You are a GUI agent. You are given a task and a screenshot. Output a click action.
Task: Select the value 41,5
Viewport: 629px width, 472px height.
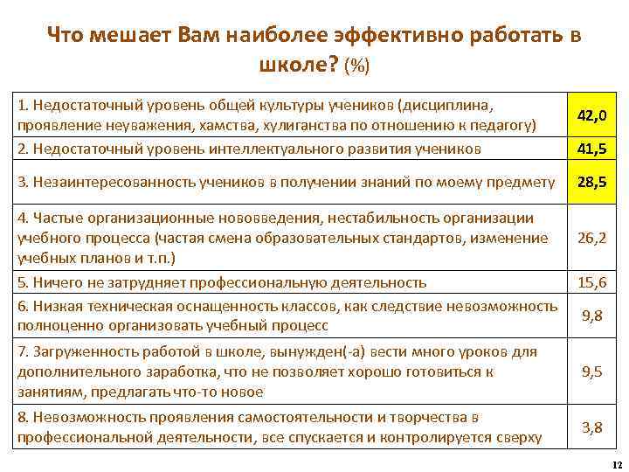(x=591, y=149)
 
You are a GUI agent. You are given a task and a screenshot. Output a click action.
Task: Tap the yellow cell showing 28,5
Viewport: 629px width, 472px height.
(x=591, y=182)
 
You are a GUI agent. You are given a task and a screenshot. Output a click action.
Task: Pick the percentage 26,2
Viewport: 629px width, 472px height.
(x=591, y=237)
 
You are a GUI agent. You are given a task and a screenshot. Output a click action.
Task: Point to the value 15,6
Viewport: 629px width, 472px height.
(x=591, y=281)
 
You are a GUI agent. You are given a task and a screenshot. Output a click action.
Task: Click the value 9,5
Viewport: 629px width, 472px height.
(x=591, y=371)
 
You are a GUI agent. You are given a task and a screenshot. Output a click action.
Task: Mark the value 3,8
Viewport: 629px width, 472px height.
(x=591, y=427)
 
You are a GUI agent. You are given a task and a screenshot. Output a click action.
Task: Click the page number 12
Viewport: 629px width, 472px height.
(x=617, y=464)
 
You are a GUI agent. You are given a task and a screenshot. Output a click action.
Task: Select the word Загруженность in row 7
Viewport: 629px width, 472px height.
(x=79, y=351)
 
